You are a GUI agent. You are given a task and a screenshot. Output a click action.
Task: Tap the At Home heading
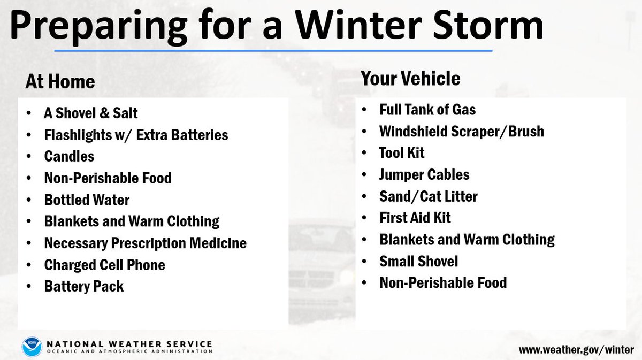pos(60,82)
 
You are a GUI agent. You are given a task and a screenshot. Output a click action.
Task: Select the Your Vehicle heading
pos(410,79)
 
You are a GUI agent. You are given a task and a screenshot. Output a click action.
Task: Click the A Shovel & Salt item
pos(91,113)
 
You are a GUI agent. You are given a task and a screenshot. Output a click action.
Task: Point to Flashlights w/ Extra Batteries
pos(136,135)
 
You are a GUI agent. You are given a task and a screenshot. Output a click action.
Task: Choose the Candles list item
pos(69,156)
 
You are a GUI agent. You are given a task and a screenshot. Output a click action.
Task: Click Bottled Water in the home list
pos(87,200)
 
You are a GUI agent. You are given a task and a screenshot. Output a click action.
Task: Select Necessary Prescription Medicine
pos(145,243)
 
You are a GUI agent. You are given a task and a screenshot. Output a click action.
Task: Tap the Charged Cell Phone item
pos(104,265)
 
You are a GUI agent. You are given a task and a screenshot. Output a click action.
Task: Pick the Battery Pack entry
pos(83,286)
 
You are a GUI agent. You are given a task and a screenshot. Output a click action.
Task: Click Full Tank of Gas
pos(427,110)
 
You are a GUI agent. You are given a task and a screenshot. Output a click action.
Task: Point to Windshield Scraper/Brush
pos(461,131)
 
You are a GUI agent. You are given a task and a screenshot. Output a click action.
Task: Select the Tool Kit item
pos(402,152)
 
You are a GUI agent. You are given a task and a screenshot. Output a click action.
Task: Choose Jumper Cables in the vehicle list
pos(424,174)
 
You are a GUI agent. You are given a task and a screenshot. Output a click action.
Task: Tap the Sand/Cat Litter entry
pos(428,196)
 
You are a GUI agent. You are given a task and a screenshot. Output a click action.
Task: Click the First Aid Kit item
pos(415,218)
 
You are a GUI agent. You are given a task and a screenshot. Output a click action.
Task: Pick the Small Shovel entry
pos(418,261)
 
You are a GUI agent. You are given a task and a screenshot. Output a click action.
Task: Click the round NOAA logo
pos(32,347)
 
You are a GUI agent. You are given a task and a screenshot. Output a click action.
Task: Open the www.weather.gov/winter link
pos(576,350)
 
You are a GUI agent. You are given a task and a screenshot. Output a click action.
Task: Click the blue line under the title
pos(273,51)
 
